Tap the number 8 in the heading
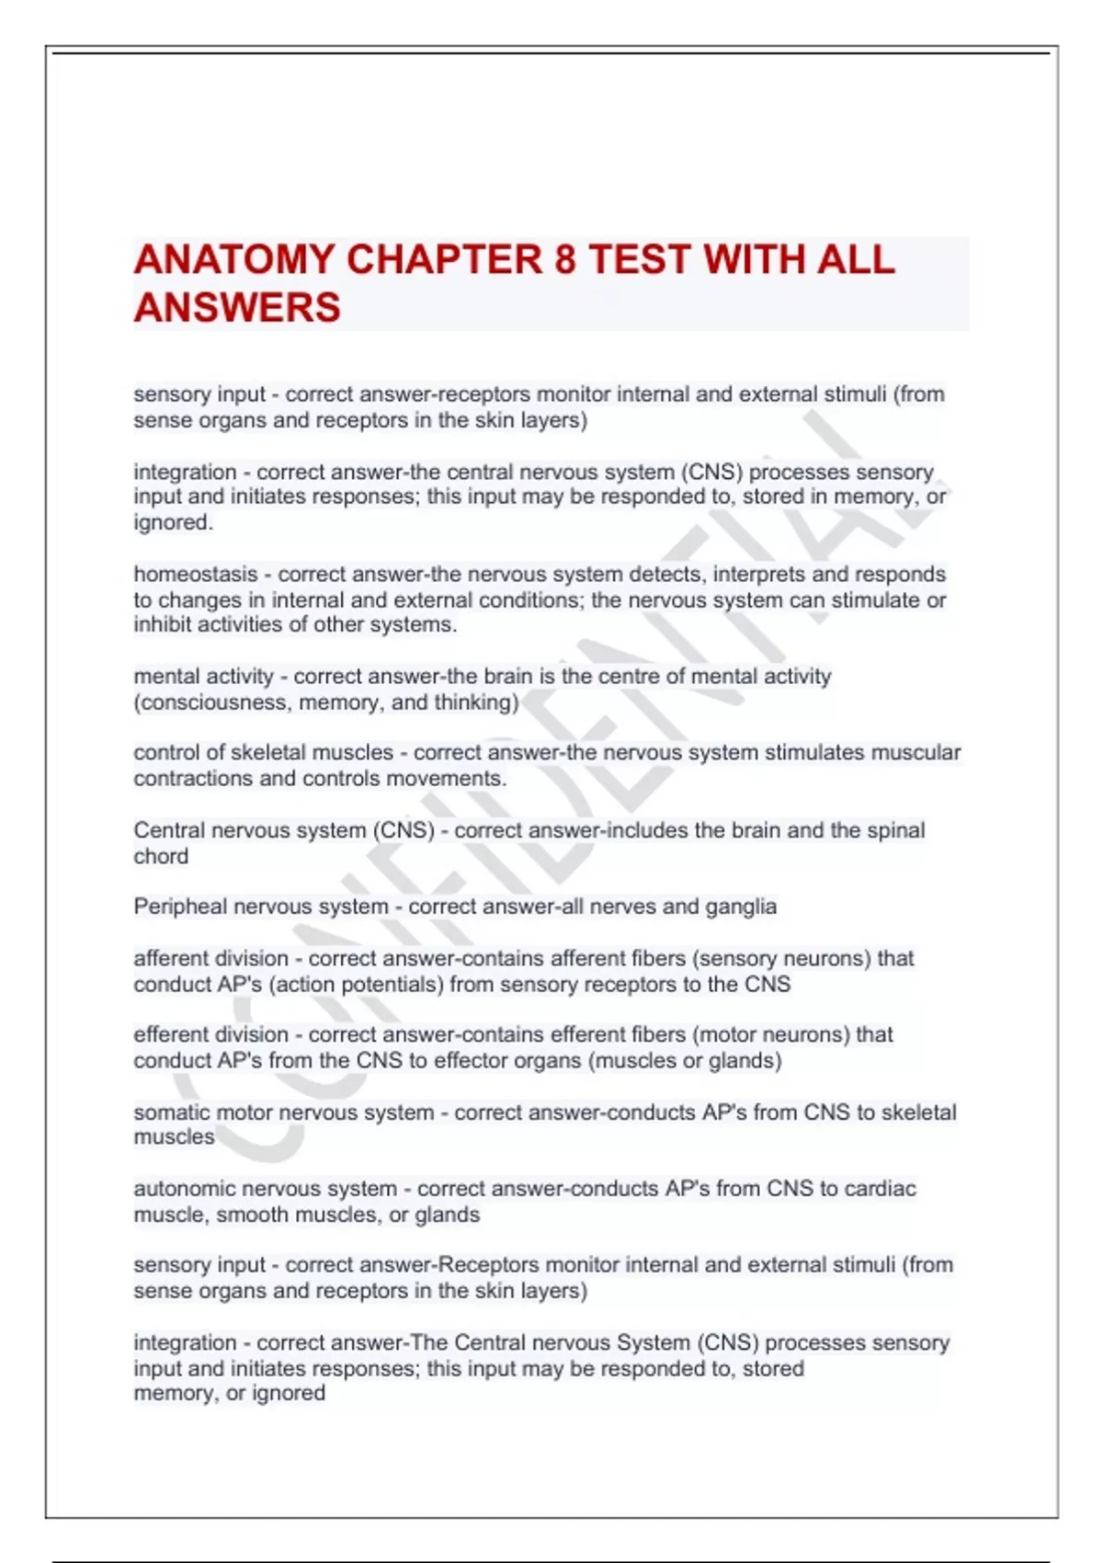coord(564,260)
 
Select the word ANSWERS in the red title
coord(237,308)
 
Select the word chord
coord(161,856)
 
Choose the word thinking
coord(478,702)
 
